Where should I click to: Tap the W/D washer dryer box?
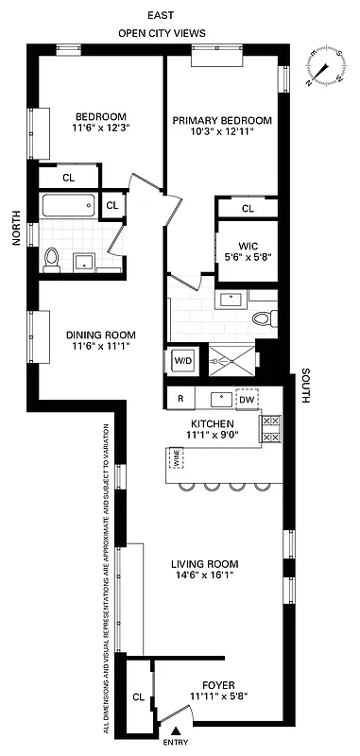tap(182, 360)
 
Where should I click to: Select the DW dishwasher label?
tap(247, 400)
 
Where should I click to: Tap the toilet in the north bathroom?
tap(53, 257)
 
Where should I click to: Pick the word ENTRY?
tap(176, 744)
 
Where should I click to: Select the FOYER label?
tap(218, 685)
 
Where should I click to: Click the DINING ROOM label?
tap(100, 335)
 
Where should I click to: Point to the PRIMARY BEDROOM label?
tap(223, 121)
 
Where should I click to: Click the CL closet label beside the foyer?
tap(138, 697)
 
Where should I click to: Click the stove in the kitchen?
tap(271, 429)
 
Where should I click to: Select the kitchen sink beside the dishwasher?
tap(217, 399)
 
